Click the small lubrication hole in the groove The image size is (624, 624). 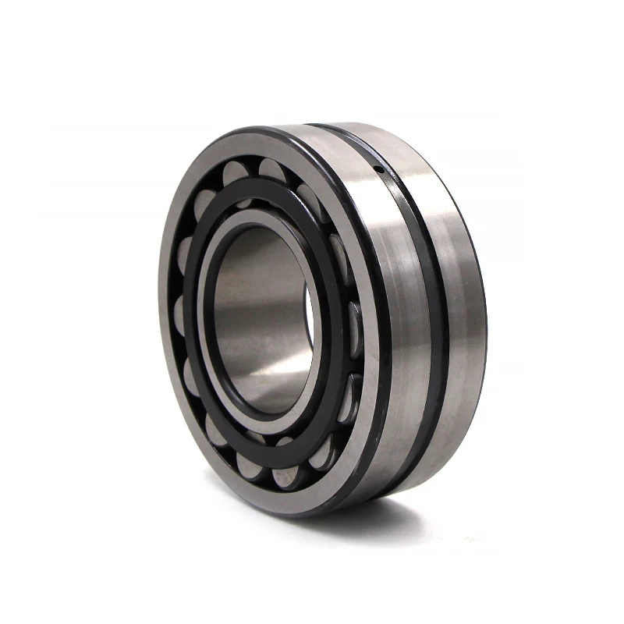378,170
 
